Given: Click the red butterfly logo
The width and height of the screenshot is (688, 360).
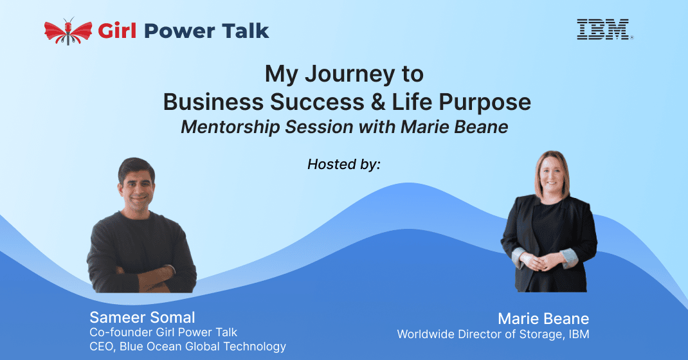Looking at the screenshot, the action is point(68,32).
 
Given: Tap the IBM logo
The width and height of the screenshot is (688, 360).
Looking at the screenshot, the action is point(605,30).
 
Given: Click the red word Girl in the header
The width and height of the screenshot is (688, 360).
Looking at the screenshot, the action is point(117,31).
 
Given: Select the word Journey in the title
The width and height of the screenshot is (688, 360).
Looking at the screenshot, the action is point(350,75).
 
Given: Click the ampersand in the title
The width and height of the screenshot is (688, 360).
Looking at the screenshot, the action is point(378,102).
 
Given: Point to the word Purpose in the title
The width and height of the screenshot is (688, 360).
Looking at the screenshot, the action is point(485,103).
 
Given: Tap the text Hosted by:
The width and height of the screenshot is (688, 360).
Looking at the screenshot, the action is point(344,164).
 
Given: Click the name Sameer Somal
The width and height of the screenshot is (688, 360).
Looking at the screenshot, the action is point(142,317).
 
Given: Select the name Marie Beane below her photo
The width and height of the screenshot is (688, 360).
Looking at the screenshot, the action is point(543,318).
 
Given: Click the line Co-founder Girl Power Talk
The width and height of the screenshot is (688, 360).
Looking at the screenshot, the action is point(163,332).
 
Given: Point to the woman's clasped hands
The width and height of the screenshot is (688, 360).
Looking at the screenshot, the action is point(543,262).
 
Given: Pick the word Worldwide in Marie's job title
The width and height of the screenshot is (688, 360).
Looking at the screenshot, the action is point(426,334).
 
